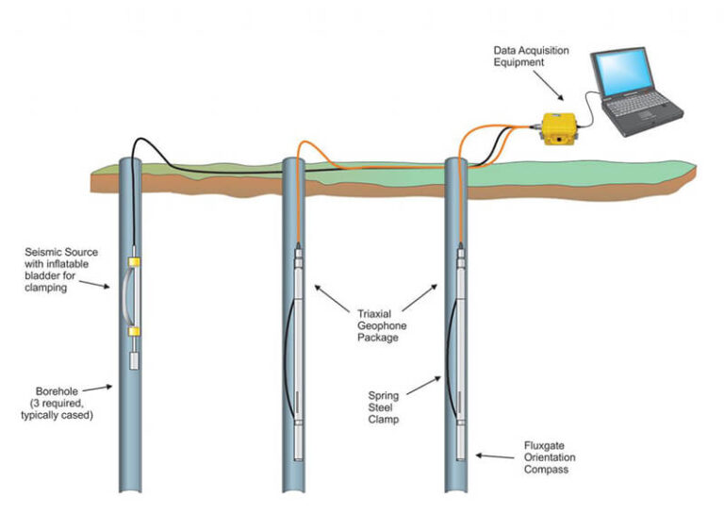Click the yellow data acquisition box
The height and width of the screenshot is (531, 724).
click(557, 128)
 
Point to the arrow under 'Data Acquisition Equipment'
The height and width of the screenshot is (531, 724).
click(554, 89)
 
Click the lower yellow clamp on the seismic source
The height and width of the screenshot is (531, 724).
click(134, 330)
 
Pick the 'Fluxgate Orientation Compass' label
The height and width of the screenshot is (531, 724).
click(550, 456)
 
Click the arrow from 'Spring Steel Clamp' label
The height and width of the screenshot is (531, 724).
click(429, 384)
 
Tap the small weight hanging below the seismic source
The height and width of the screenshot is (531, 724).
click(134, 359)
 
